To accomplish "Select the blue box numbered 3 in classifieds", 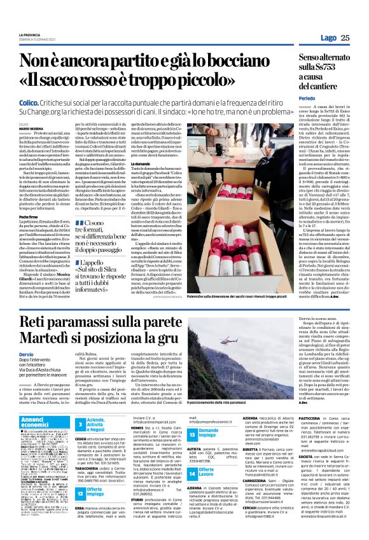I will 80,424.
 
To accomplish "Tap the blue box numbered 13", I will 191,434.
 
